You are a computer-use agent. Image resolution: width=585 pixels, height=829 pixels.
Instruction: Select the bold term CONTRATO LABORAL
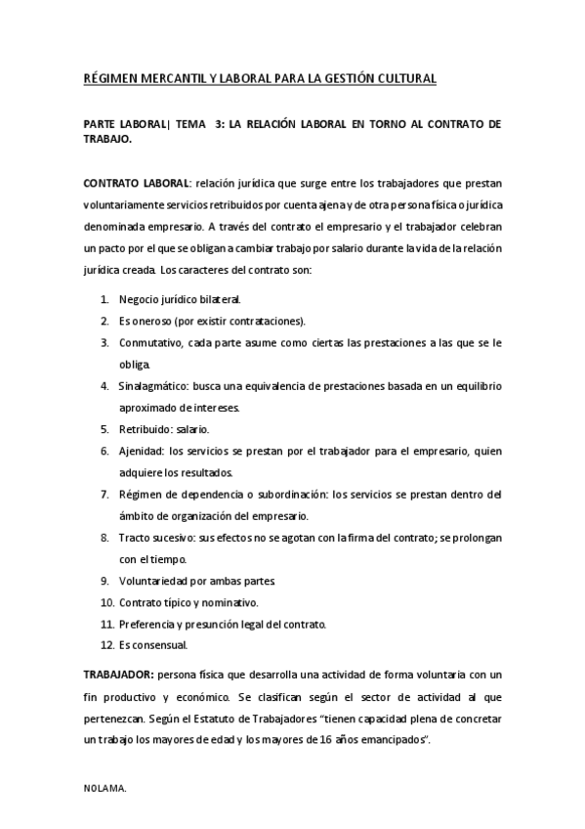coord(137,184)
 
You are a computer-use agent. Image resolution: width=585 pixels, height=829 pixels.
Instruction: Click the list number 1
coord(104,299)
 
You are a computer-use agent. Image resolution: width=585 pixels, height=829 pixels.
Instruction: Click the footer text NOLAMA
coord(104,785)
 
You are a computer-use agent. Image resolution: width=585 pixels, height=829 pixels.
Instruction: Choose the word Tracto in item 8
coord(135,538)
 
